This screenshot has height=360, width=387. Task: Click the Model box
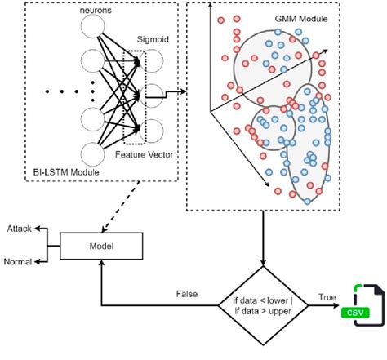pyautogui.click(x=100, y=246)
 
